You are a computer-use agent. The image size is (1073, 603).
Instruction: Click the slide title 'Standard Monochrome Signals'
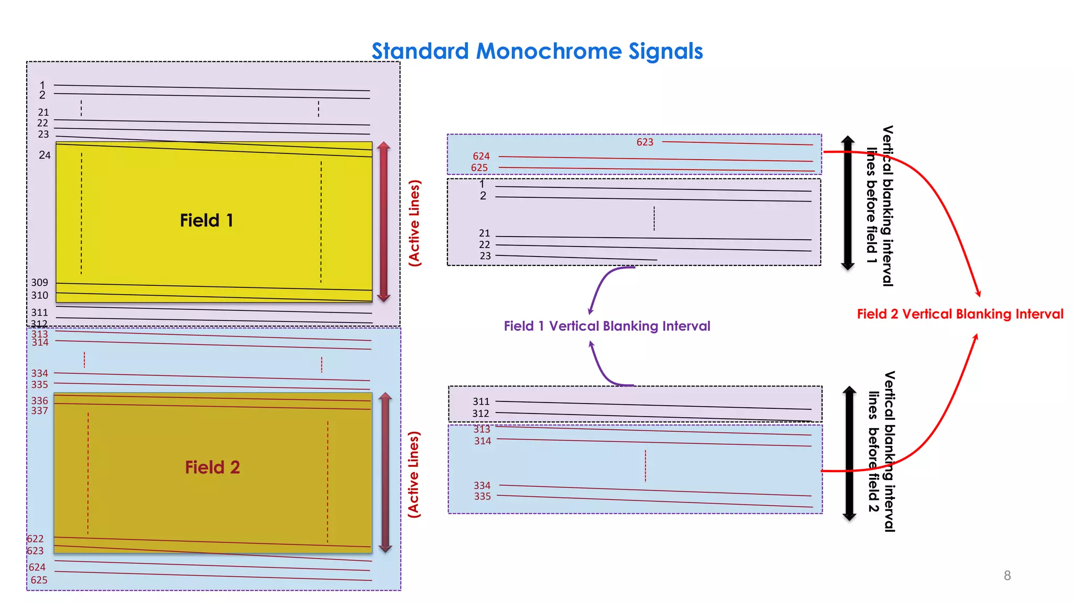click(537, 51)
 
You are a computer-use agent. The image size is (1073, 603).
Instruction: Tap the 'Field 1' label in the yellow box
click(206, 220)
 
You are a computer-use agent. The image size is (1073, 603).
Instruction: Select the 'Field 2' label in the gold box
click(212, 467)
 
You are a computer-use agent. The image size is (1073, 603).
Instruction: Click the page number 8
click(1007, 575)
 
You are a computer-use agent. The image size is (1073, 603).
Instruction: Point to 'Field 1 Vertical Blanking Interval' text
click(607, 326)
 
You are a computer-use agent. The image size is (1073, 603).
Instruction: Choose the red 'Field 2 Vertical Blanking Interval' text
click(960, 314)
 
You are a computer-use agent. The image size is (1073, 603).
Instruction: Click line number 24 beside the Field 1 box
click(45, 155)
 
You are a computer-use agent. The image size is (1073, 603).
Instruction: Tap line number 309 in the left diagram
click(39, 283)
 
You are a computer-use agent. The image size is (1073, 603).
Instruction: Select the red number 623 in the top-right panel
click(644, 142)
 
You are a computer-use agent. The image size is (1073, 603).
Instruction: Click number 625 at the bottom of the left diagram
click(39, 580)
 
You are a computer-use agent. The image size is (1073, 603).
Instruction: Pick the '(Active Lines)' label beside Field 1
click(414, 223)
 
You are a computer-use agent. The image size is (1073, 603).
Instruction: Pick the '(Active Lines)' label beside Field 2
click(414, 475)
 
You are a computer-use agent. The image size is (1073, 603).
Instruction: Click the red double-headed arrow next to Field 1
click(384, 221)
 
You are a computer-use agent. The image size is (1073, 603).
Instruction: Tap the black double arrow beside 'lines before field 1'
click(848, 203)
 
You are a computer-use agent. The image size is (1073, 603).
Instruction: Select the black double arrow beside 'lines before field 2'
click(849, 453)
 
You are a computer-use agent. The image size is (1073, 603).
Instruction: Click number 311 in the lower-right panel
click(480, 401)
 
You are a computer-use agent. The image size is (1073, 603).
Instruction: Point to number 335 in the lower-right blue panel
click(482, 496)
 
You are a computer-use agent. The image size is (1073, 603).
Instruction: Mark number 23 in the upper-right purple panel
click(485, 256)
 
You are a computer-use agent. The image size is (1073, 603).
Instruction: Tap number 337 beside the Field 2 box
click(39, 411)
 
